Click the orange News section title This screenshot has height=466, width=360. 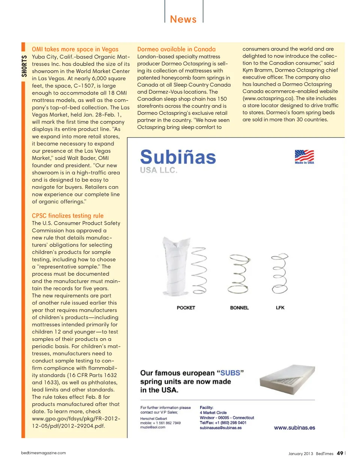(x=183, y=19)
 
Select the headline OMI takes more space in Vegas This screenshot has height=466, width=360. (x=75, y=49)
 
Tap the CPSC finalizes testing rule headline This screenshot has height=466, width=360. (x=67, y=216)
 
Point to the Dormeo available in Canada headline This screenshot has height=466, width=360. (x=176, y=49)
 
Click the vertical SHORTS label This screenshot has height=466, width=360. (x=24, y=66)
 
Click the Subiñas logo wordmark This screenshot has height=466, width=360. (x=178, y=157)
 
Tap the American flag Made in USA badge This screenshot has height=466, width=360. (x=304, y=156)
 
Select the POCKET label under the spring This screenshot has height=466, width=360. (x=186, y=308)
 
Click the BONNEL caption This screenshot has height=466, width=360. (x=239, y=308)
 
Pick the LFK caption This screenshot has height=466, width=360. (x=280, y=308)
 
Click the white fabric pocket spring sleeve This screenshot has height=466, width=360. (x=176, y=266)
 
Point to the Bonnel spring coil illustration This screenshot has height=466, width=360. (x=239, y=274)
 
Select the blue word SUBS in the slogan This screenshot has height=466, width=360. (x=230, y=373)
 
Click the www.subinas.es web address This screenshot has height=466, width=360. (x=294, y=428)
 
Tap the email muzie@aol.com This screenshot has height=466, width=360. (x=153, y=427)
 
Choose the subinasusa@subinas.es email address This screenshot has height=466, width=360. (x=220, y=428)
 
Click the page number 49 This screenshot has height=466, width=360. (x=340, y=453)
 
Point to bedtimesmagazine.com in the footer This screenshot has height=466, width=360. (x=43, y=453)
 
